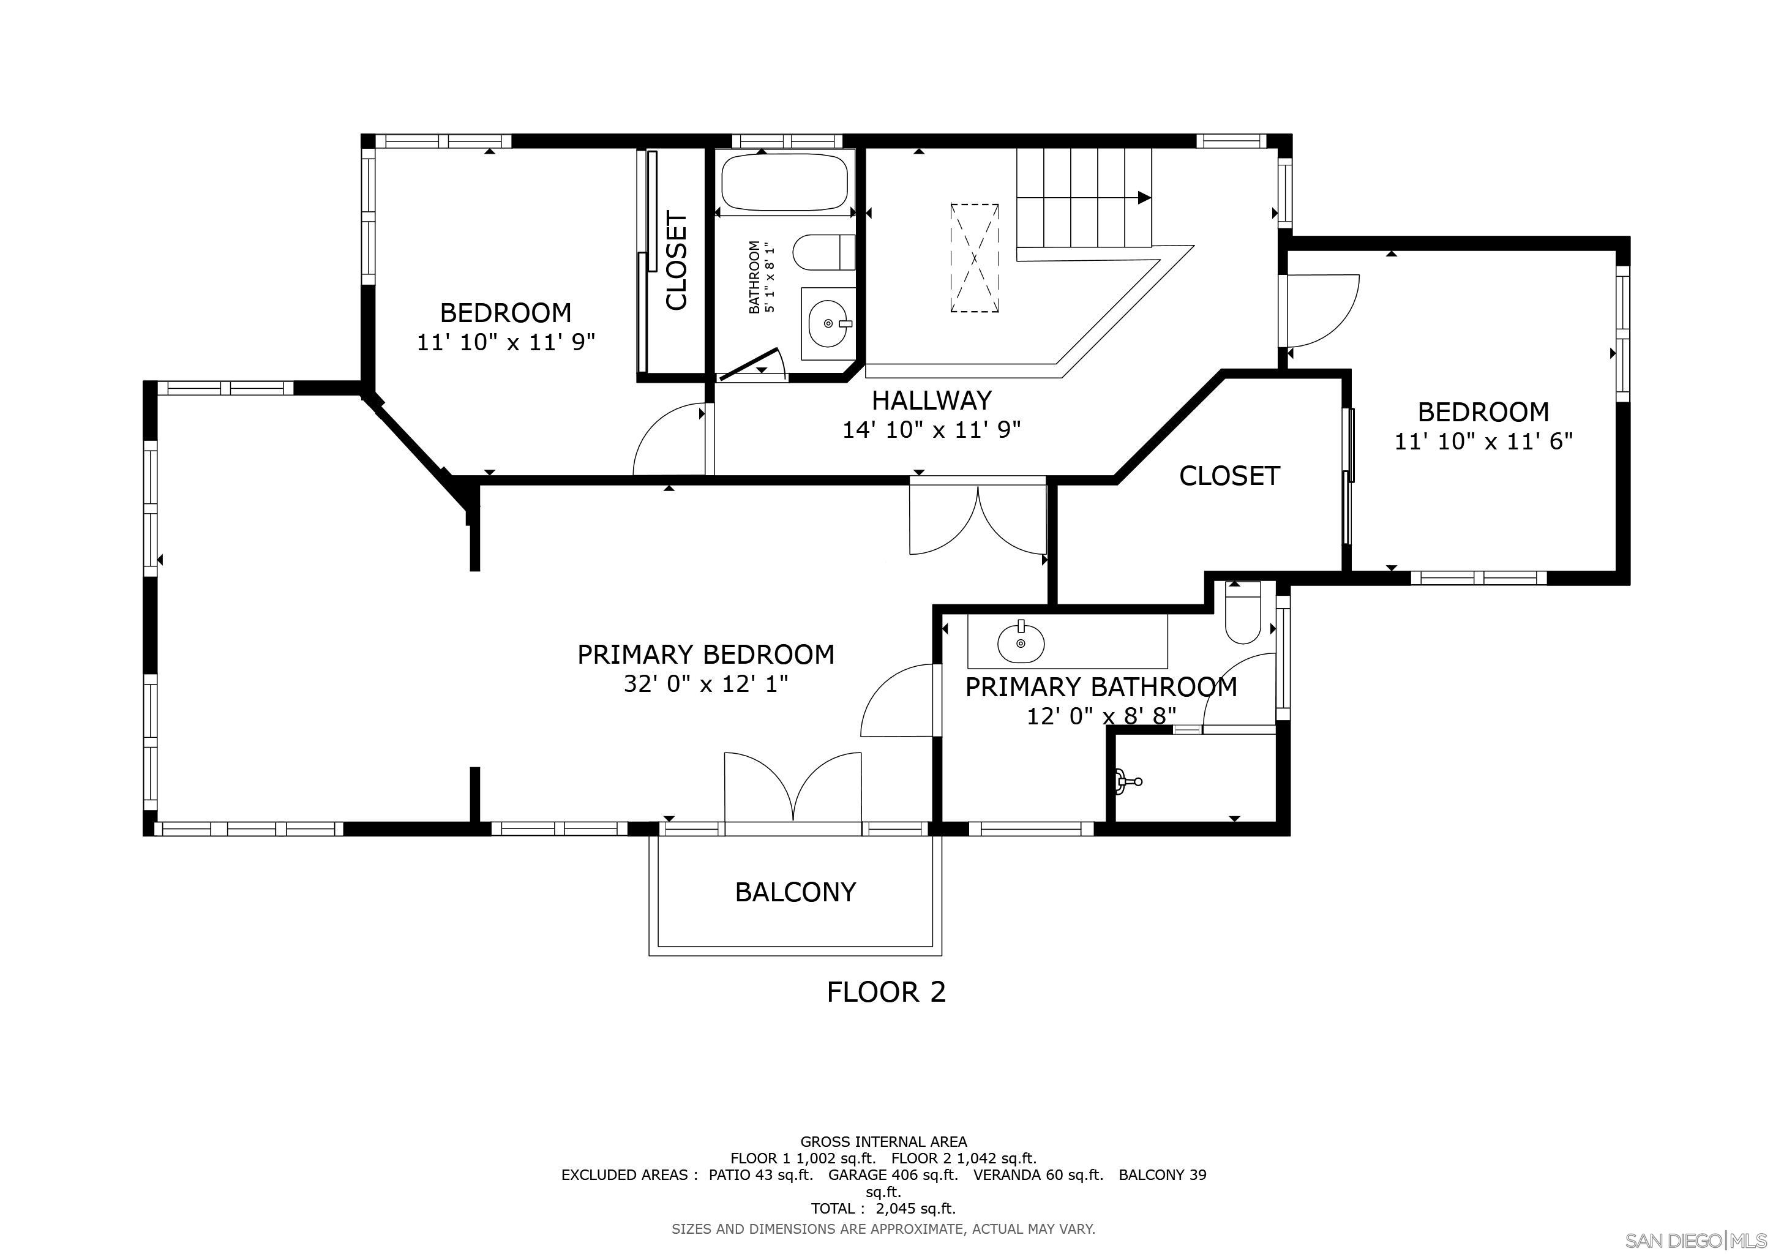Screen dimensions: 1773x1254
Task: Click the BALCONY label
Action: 795,892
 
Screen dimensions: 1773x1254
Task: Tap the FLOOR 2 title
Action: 886,991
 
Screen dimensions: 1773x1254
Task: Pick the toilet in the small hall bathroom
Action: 824,252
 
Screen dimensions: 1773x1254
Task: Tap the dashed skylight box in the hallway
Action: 974,258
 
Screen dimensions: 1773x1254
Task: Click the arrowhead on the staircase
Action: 1144,198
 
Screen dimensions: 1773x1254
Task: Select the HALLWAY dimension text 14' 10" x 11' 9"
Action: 931,430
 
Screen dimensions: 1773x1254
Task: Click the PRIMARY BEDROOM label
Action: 706,655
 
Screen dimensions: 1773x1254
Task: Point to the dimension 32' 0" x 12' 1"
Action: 706,684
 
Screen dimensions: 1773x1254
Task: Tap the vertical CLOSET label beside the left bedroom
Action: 677,261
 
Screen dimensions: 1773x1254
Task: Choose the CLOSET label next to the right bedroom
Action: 1229,476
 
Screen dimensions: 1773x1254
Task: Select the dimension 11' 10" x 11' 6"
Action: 1483,441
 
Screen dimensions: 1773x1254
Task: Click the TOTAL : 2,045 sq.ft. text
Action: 883,1209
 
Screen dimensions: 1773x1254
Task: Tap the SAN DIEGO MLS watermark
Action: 1696,1240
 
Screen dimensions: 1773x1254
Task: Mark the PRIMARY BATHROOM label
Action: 1101,687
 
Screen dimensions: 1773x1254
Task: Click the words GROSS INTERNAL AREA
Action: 883,1141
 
